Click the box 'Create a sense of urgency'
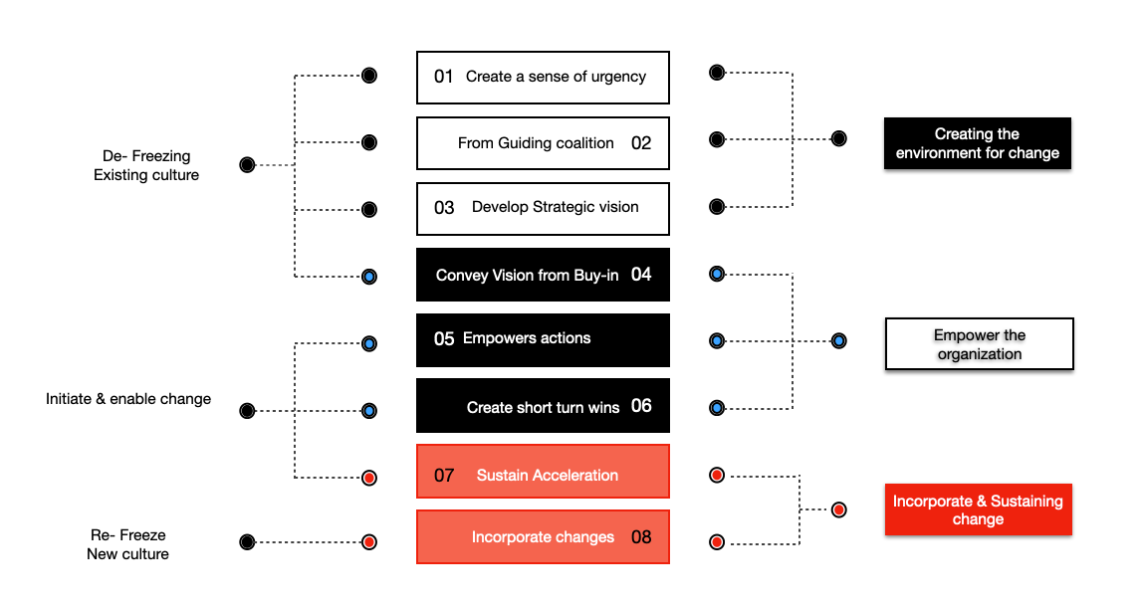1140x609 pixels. (543, 78)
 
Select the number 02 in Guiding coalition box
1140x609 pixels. (641, 143)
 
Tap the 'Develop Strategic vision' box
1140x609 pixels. (543, 208)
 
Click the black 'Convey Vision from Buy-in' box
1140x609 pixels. (543, 275)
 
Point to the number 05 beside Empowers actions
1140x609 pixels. (444, 339)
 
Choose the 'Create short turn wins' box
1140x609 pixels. (543, 406)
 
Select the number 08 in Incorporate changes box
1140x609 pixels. (641, 537)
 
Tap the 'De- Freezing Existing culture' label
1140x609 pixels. (146, 165)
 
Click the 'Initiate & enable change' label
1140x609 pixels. (128, 399)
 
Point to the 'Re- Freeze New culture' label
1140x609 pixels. (127, 544)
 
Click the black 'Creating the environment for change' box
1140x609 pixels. (977, 143)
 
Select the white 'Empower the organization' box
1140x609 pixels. (979, 344)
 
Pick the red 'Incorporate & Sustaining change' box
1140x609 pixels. (977, 509)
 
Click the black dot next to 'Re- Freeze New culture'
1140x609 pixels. (247, 542)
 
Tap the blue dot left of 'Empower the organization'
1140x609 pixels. (839, 341)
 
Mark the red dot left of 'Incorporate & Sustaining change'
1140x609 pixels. (839, 509)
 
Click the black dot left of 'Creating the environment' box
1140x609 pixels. (839, 138)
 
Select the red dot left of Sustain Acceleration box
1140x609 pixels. (369, 478)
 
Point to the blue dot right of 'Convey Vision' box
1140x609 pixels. (716, 274)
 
